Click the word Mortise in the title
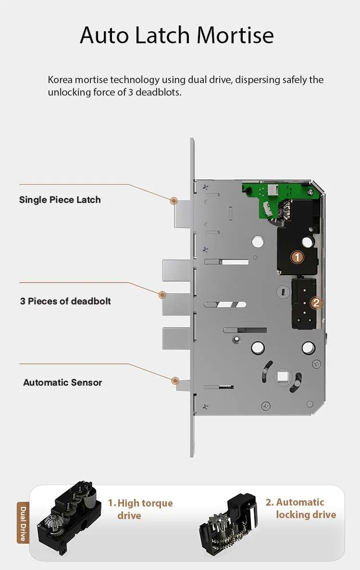click(235, 36)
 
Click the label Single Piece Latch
click(60, 200)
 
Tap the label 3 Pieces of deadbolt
click(65, 301)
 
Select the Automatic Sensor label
click(62, 383)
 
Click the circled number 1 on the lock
click(298, 257)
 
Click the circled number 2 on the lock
click(316, 303)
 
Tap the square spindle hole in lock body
click(283, 374)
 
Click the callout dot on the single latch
click(174, 200)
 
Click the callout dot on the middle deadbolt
click(162, 294)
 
